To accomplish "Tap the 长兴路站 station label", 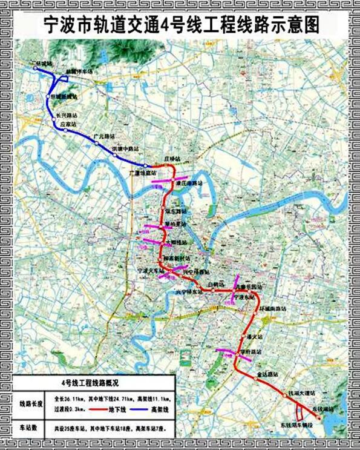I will tap(68, 114).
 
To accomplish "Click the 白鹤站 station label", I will tap(215, 283).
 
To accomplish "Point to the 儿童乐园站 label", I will tap(249, 286).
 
